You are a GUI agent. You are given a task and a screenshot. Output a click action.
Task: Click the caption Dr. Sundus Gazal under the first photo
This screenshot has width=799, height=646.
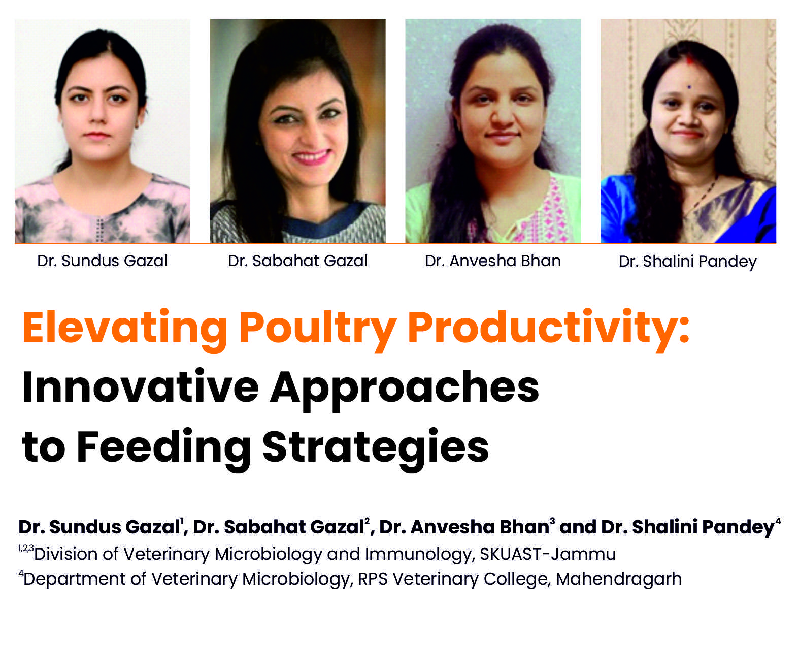(x=102, y=261)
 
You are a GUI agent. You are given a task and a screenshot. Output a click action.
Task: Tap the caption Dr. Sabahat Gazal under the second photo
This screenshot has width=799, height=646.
(x=297, y=261)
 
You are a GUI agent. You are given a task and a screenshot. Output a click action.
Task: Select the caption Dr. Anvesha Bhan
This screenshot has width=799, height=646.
(x=492, y=261)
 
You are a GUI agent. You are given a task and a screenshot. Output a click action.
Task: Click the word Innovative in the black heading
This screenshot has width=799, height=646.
(x=140, y=386)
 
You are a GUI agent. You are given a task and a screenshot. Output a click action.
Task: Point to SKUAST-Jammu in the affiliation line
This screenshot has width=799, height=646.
(x=548, y=554)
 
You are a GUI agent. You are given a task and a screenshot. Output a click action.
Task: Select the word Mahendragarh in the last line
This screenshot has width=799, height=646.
(x=619, y=579)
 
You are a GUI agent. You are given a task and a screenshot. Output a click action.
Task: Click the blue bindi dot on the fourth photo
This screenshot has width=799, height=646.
(x=689, y=87)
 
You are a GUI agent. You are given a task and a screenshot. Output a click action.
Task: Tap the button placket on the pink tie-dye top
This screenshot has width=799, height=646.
(x=100, y=230)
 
